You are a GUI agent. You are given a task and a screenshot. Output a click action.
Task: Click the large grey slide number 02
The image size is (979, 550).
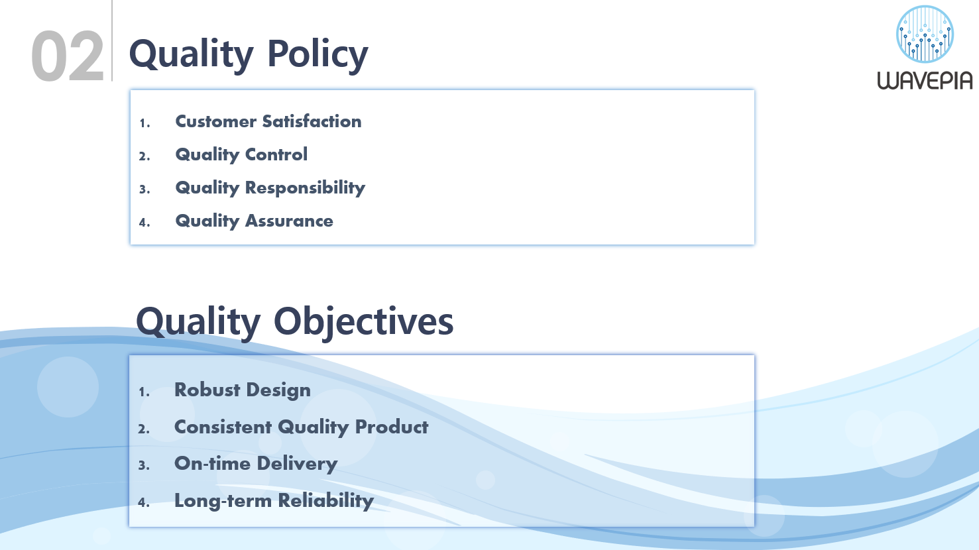(68, 56)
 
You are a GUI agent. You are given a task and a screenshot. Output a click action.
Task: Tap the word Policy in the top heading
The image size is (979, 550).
(317, 55)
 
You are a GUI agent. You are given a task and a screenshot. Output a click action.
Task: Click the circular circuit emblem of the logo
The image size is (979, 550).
(925, 34)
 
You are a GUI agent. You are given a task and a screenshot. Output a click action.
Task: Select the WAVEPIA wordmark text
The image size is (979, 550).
(925, 81)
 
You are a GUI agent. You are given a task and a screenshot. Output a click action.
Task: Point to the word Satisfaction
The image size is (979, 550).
(312, 121)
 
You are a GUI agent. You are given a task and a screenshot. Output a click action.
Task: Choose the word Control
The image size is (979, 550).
(276, 154)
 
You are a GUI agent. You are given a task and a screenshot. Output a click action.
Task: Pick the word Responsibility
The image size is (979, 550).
(305, 188)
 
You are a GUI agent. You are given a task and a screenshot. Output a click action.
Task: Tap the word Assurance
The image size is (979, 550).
(289, 221)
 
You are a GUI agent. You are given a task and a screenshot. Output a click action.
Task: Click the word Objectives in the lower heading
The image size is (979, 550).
(364, 323)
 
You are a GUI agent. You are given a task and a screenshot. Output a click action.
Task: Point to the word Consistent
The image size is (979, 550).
(223, 427)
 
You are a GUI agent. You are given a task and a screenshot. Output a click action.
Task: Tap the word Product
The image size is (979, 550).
(392, 427)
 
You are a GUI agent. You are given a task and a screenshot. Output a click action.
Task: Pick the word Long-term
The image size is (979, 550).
(223, 501)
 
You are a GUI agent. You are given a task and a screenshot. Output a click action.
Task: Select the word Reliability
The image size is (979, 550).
(326, 501)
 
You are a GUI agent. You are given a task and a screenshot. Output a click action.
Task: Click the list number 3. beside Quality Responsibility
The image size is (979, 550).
(144, 189)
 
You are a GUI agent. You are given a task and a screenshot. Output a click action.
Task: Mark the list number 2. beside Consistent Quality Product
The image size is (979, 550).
(144, 429)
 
